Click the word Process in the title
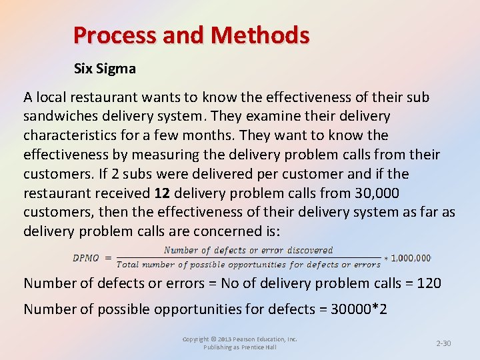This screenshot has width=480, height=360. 114,35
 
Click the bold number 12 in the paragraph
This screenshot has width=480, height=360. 162,193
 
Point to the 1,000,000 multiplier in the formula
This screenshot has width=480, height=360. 411,257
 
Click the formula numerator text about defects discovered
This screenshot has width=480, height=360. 248,251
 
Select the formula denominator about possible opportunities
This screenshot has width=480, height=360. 248,265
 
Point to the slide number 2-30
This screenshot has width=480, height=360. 443,343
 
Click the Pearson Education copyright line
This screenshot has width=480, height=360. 240,339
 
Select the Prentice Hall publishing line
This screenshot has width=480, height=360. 240,347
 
